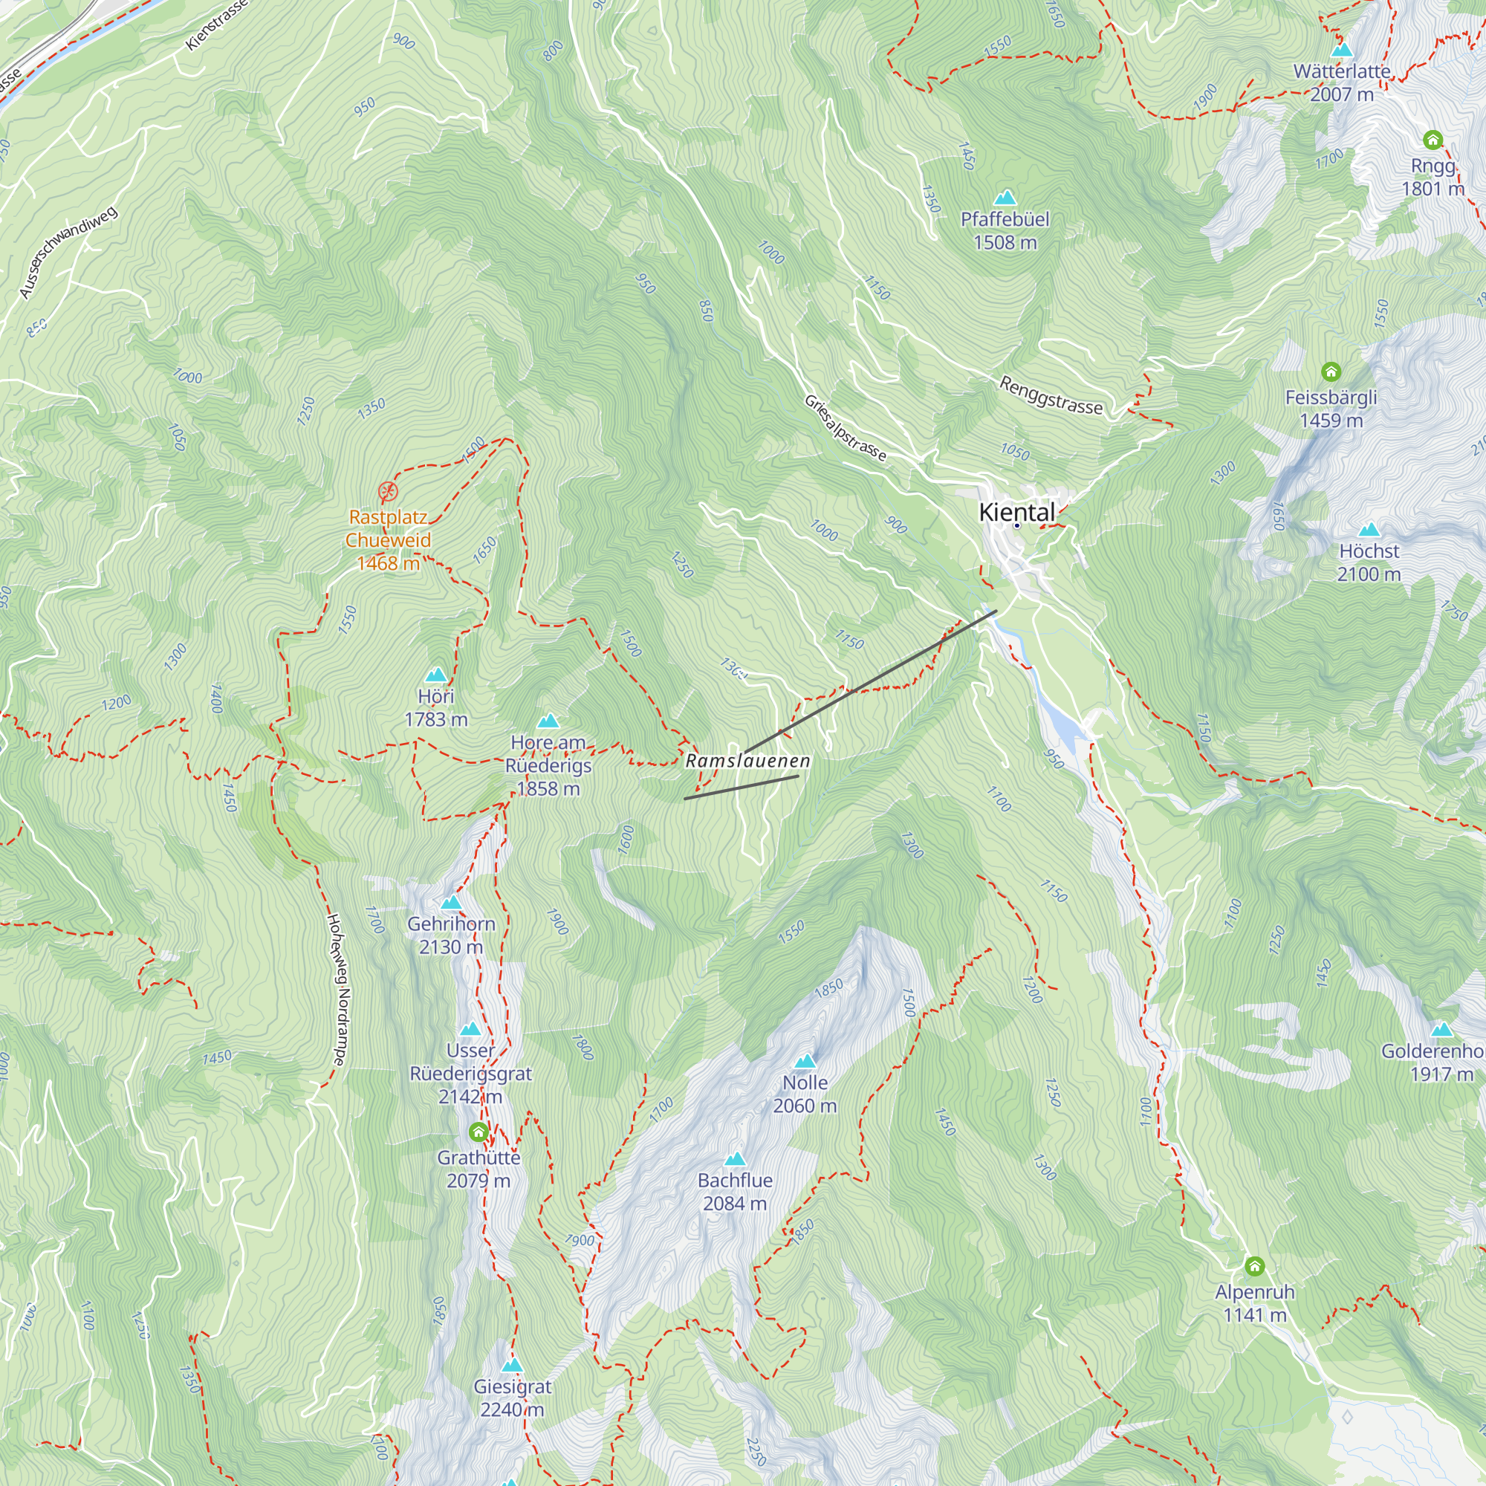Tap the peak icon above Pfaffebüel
[1005, 198]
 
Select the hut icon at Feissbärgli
[1331, 372]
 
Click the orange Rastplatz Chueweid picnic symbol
[389, 491]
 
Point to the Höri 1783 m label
[436, 707]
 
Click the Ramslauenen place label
[747, 762]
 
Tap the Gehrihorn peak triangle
[452, 903]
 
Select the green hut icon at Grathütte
[478, 1132]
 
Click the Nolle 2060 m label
[805, 1094]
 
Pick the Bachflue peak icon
[736, 1159]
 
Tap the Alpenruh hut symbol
[1254, 1266]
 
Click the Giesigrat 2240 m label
[512, 1398]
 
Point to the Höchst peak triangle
[1369, 531]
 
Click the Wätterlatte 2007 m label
[1342, 83]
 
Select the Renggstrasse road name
[1051, 395]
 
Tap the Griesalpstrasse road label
[846, 428]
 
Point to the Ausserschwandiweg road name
[68, 253]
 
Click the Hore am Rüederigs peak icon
[548, 721]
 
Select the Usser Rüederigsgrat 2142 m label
[471, 1073]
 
